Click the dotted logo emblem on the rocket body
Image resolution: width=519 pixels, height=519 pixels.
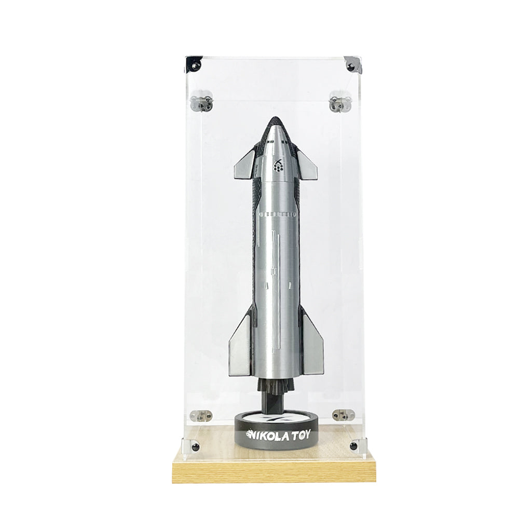tap(279, 165)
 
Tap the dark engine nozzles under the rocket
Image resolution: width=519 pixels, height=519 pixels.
tap(276, 386)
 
